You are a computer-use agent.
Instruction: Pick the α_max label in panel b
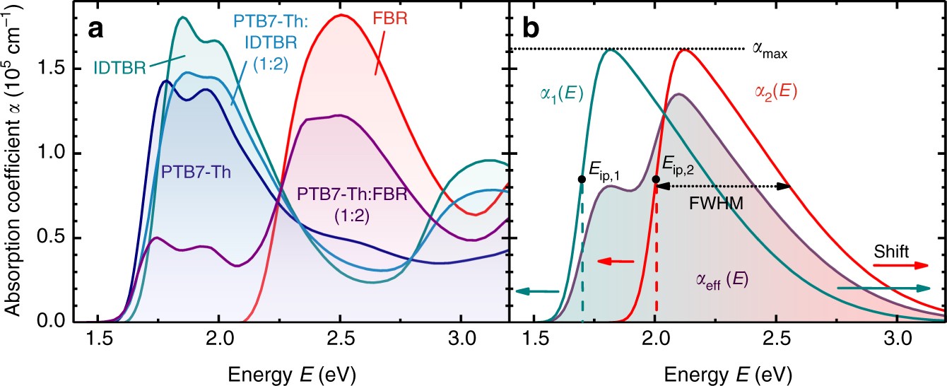click(x=770, y=52)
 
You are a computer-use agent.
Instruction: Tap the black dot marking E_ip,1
click(x=581, y=180)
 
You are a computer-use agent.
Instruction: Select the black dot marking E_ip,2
click(x=656, y=180)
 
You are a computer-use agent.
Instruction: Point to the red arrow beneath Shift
click(x=900, y=265)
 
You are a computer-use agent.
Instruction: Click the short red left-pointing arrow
click(x=615, y=262)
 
